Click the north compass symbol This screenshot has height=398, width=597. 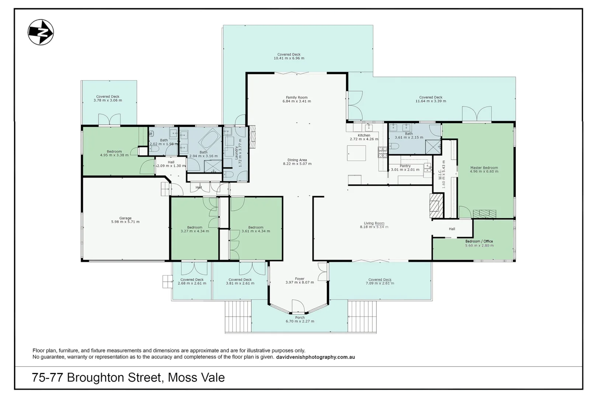41,32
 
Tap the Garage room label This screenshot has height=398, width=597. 125,218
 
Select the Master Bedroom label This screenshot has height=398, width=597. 484,168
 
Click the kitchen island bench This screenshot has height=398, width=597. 356,153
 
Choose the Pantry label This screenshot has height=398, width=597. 405,166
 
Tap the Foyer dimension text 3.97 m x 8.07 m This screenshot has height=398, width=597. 300,282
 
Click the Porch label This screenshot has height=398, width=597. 300,318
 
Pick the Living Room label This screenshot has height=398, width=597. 374,223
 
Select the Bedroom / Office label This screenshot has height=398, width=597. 479,241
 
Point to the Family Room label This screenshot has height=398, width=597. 297,98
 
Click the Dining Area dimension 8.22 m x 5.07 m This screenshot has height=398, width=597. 297,164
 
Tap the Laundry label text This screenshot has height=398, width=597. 236,153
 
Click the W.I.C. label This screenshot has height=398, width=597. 440,174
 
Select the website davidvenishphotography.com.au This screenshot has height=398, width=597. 315,357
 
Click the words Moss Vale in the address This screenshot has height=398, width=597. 196,377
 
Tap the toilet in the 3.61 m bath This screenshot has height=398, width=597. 394,146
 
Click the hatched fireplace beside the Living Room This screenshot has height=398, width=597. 436,206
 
